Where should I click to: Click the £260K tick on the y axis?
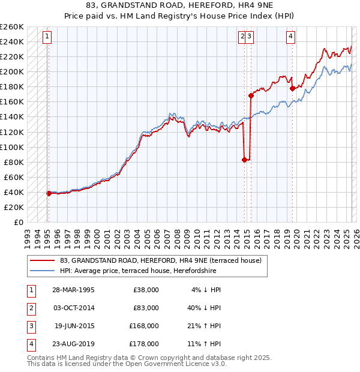point(12,27)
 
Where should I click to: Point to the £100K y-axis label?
point(12,147)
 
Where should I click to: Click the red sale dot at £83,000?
point(245,160)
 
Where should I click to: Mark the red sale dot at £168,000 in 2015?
point(251,95)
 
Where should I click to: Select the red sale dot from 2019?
point(293,88)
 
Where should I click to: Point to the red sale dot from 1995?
point(49,193)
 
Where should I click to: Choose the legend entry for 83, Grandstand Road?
point(161,261)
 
